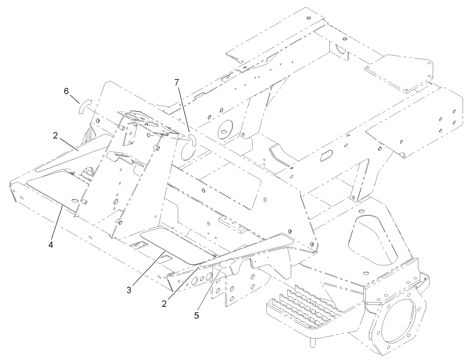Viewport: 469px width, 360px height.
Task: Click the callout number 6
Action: click(66, 91)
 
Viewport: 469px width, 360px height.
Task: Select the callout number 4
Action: click(51, 244)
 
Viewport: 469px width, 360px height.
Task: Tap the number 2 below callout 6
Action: click(55, 135)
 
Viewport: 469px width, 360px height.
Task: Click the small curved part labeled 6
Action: click(83, 107)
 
